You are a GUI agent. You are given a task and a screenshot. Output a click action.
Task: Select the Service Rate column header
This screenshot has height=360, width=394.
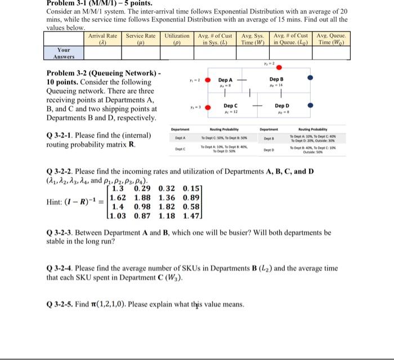[x=140, y=39]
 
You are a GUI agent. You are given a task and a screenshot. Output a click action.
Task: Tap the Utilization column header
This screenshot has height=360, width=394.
[x=177, y=39]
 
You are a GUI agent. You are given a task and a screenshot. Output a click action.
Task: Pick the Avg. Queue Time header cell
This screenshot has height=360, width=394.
[x=332, y=39]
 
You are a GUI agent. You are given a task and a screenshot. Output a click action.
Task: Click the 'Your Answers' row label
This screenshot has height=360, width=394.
[x=64, y=53]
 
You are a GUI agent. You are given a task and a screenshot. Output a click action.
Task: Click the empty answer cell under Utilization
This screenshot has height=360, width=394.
[x=177, y=53]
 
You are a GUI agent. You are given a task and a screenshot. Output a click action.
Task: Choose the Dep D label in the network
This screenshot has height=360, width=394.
[x=283, y=106]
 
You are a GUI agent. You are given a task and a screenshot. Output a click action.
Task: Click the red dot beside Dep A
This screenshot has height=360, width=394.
[x=207, y=79]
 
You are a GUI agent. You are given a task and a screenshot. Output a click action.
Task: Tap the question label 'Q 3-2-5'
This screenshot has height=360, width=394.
[x=60, y=304]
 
